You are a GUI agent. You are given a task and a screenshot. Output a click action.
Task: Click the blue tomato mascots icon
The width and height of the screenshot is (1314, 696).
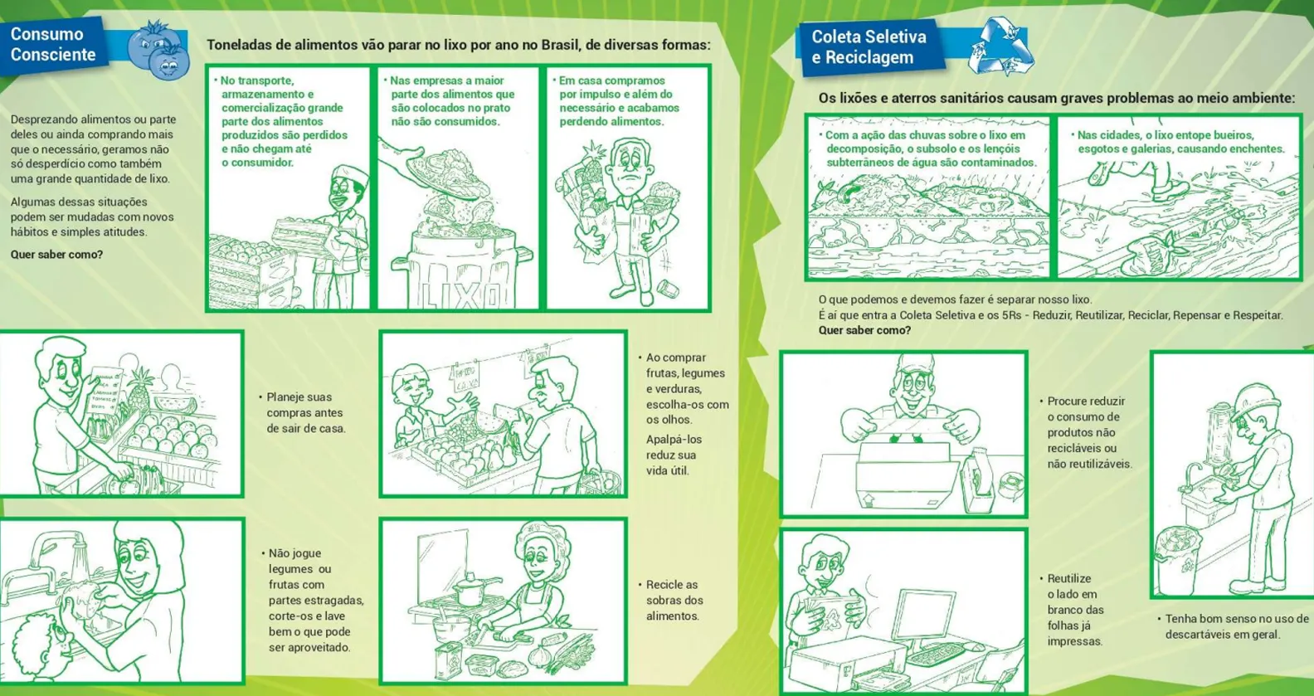tap(158, 51)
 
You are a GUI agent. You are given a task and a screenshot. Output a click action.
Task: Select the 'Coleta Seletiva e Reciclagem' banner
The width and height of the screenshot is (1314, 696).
tap(870, 47)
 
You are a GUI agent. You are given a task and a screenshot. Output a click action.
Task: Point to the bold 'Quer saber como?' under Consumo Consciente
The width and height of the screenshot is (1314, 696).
tap(56, 255)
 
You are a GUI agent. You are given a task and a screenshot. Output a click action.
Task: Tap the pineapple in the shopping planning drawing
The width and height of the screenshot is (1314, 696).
tap(139, 387)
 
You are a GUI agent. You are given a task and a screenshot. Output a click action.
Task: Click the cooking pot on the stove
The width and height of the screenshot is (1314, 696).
tap(470, 589)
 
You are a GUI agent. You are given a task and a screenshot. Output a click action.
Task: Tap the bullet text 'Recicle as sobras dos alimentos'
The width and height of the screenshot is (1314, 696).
tap(671, 601)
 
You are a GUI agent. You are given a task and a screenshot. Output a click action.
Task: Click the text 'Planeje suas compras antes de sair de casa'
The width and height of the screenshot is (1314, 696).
tap(303, 412)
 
